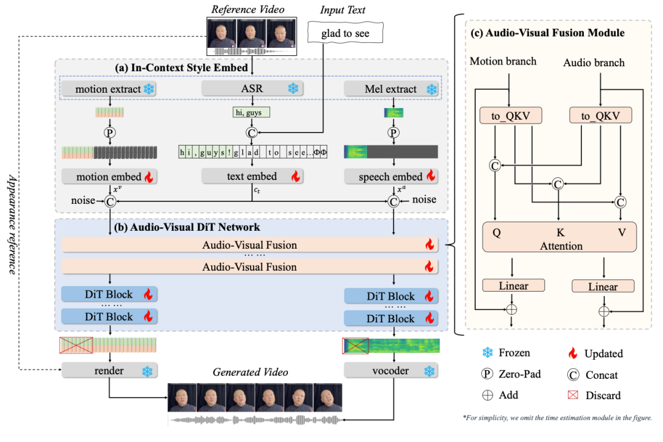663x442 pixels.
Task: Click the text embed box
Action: click(x=252, y=177)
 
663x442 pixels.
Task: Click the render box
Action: click(x=109, y=371)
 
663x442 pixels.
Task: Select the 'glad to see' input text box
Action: click(x=345, y=34)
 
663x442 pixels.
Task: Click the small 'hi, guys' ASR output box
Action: click(x=251, y=112)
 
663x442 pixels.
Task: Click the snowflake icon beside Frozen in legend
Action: click(x=488, y=353)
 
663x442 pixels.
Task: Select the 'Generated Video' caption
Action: click(x=250, y=372)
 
